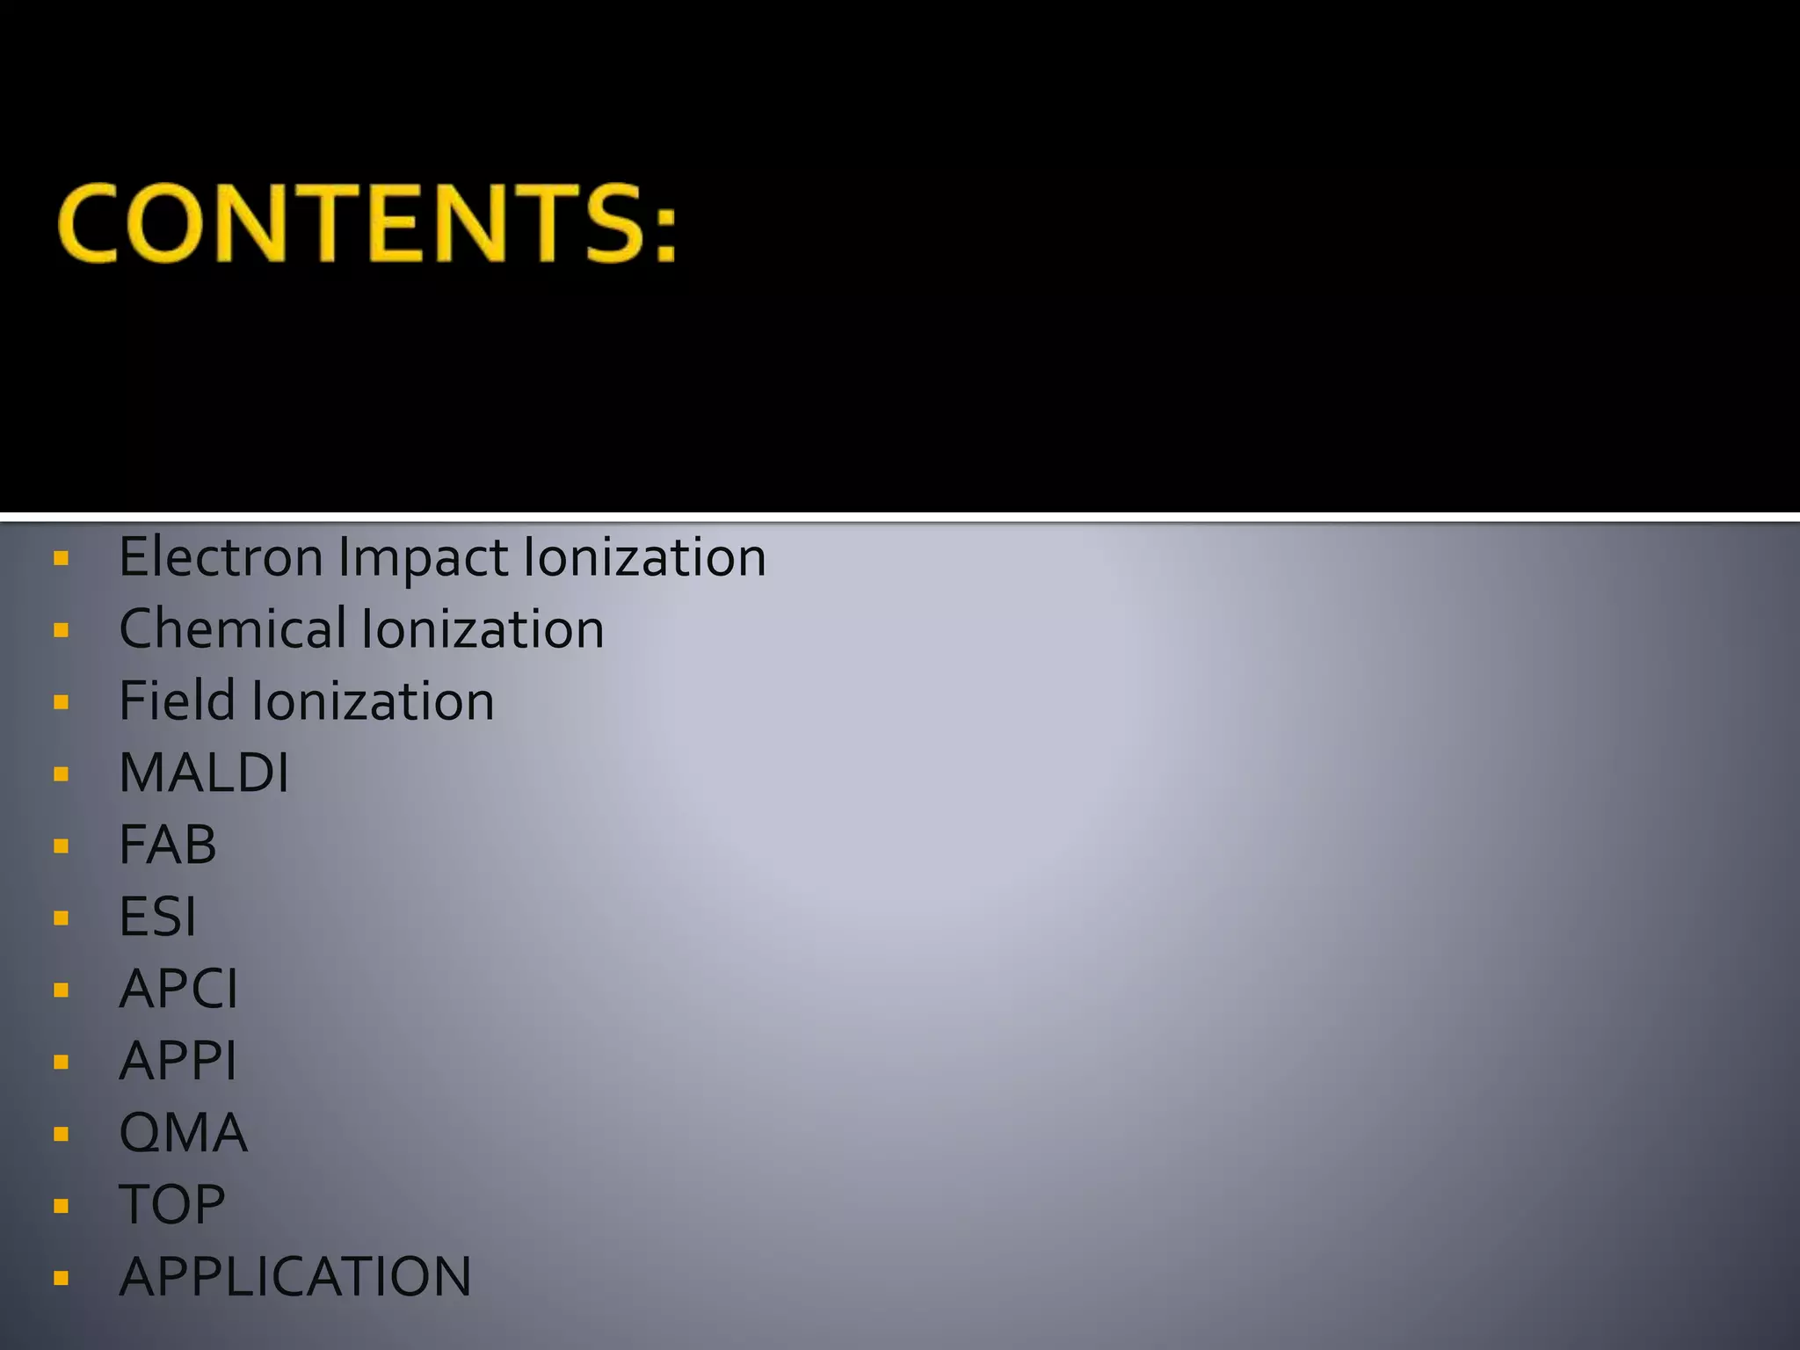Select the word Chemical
(233, 629)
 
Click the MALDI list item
(204, 773)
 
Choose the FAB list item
(168, 846)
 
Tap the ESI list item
(157, 918)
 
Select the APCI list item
(178, 990)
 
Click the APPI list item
(178, 1062)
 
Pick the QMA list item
(184, 1134)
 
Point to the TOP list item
(172, 1205)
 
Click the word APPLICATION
(295, 1277)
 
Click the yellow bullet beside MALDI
(61, 774)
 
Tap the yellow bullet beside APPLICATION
(61, 1278)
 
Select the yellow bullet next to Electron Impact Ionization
(61, 558)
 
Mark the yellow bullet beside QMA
(61, 1135)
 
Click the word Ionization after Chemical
(483, 629)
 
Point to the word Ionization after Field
(373, 701)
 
